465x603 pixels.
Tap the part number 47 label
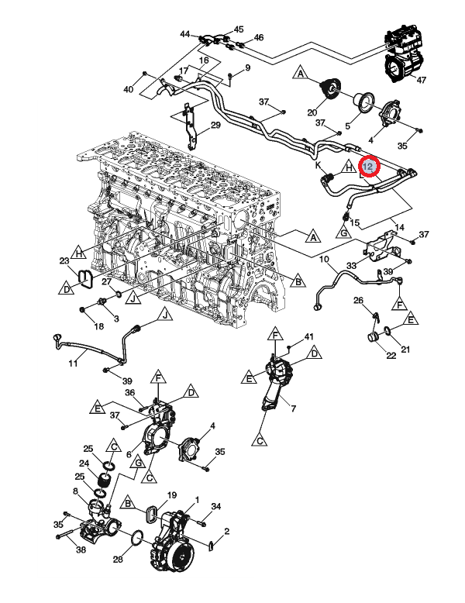pyautogui.click(x=422, y=80)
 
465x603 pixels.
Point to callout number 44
pyautogui.click(x=184, y=34)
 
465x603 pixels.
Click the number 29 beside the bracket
pyautogui.click(x=215, y=126)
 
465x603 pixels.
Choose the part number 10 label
pyautogui.click(x=323, y=258)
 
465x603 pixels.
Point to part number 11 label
pyautogui.click(x=72, y=364)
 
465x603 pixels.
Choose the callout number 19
pyautogui.click(x=172, y=494)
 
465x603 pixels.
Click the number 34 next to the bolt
pyautogui.click(x=216, y=507)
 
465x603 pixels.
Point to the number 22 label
pyautogui.click(x=391, y=356)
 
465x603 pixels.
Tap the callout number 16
pyautogui.click(x=204, y=60)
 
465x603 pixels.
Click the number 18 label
pyautogui.click(x=98, y=326)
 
